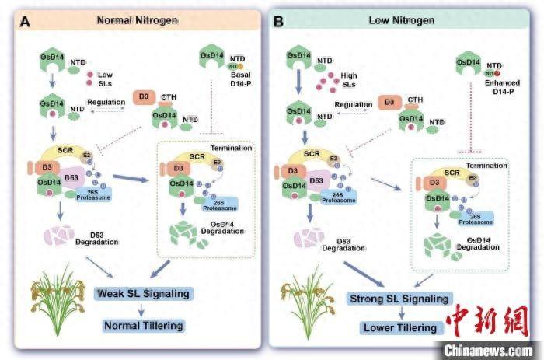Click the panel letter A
click(x=26, y=20)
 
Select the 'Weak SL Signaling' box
click(x=142, y=294)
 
